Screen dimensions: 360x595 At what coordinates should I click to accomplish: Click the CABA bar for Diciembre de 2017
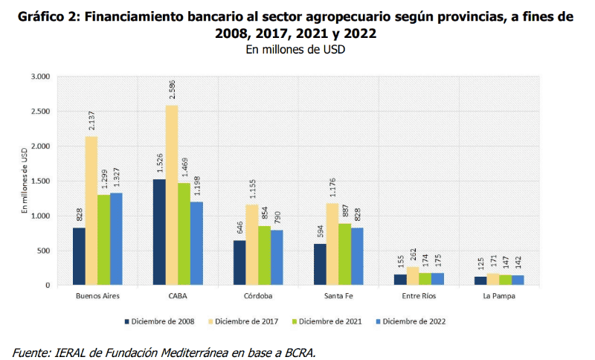tap(172, 195)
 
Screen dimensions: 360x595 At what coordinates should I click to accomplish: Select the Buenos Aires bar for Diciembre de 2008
tap(79, 256)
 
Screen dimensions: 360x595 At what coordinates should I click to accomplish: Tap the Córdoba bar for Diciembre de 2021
tap(264, 255)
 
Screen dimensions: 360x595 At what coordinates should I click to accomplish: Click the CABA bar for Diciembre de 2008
tap(159, 232)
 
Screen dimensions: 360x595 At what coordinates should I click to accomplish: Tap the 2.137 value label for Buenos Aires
tap(91, 118)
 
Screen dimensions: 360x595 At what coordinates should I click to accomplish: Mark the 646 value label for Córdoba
tap(239, 227)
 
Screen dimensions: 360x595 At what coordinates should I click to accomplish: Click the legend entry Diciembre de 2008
tap(160, 321)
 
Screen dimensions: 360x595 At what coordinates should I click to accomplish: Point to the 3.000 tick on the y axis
tap(39, 77)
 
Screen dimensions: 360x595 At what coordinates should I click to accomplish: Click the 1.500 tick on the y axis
tap(39, 181)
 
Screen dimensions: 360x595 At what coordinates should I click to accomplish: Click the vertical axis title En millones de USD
tap(25, 181)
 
